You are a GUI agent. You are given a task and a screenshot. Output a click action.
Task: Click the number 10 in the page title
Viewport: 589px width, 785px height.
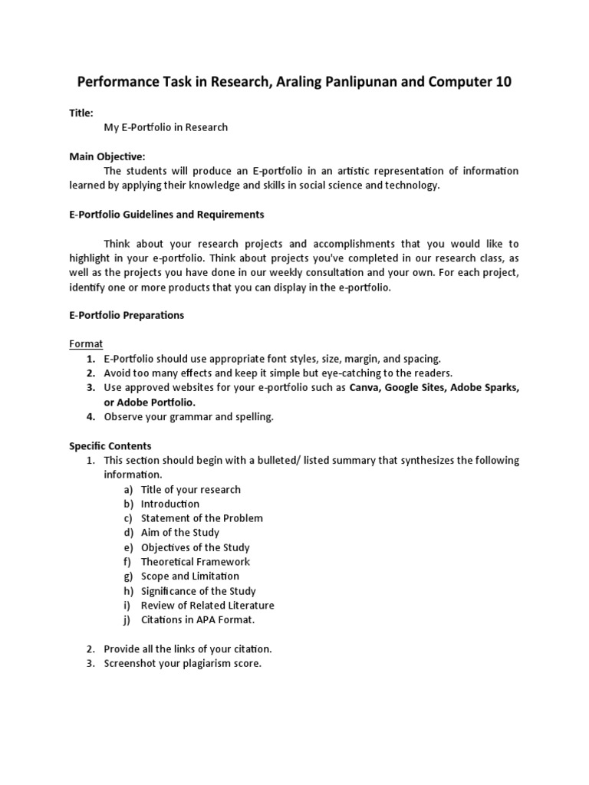tap(502, 82)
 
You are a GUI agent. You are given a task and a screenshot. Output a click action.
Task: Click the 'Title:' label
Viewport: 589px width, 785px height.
tap(81, 113)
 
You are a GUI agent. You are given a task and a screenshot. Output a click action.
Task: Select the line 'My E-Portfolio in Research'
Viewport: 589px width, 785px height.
tap(166, 127)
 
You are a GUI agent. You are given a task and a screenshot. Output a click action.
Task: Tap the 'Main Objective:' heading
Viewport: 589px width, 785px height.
tap(107, 156)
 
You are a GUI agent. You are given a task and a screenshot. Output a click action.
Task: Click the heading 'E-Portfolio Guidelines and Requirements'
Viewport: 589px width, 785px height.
tap(166, 214)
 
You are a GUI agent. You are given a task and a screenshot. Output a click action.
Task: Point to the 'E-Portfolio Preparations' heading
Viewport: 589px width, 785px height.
tap(127, 315)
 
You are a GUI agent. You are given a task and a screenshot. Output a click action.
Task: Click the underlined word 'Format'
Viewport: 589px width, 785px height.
tap(86, 344)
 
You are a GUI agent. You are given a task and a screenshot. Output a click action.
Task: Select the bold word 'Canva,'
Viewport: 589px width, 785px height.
tap(365, 388)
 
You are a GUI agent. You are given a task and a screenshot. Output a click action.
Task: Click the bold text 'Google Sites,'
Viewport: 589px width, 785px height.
tap(416, 388)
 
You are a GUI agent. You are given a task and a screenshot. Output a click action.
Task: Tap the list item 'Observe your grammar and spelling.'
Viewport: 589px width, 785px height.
tap(189, 417)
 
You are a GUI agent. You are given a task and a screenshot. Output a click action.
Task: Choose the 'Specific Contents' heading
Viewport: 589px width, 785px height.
tap(110, 445)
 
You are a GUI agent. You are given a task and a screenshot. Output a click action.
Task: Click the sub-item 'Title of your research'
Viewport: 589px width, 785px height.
tap(191, 489)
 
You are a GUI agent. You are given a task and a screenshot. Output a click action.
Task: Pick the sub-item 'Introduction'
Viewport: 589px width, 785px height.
tap(170, 504)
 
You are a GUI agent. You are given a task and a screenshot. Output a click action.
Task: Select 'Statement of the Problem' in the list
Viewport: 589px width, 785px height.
tap(202, 518)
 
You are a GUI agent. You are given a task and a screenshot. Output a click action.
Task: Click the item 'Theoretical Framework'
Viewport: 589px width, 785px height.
tap(196, 562)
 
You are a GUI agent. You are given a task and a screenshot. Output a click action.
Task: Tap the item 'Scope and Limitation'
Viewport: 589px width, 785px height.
tap(190, 576)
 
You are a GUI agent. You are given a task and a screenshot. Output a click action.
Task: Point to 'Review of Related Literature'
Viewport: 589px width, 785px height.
tap(207, 605)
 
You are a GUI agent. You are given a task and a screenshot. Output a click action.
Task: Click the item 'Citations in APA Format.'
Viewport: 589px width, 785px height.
tap(198, 619)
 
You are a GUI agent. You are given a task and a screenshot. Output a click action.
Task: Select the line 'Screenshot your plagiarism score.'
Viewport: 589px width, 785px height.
tap(183, 663)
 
